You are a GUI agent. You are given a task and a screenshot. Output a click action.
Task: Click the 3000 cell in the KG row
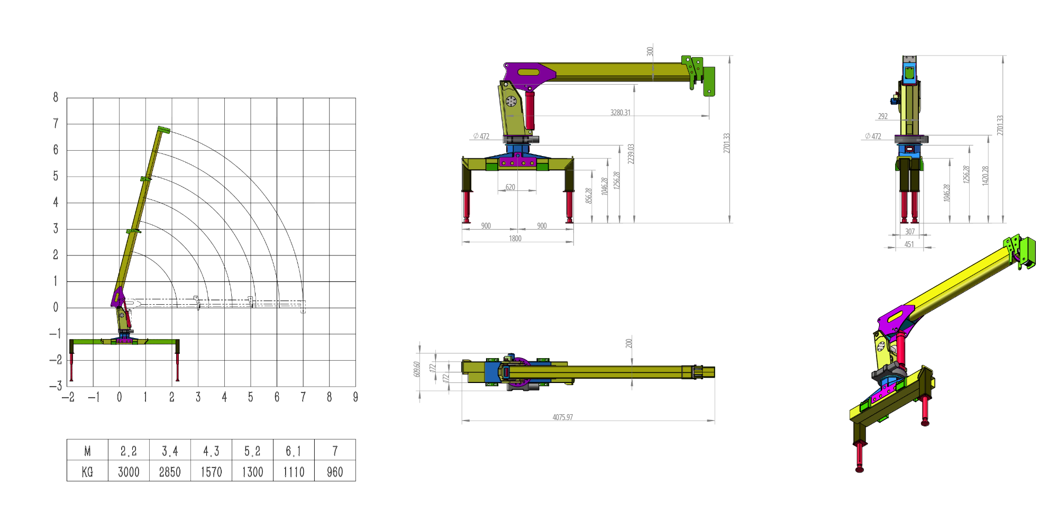tap(129, 471)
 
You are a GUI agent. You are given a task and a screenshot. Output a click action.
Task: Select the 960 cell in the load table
tap(335, 471)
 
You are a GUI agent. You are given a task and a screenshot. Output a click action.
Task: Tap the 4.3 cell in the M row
tap(211, 451)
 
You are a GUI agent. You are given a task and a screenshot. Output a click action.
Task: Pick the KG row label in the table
tap(87, 471)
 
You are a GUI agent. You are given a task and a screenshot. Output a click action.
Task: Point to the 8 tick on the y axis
tap(56, 97)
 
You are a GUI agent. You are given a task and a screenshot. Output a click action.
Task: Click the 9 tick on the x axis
tap(355, 397)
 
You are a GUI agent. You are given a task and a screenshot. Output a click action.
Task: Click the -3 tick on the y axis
tap(56, 386)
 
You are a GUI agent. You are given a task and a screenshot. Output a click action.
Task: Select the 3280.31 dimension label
tap(620, 113)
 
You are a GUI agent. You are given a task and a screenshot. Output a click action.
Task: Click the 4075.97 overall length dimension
tap(562, 417)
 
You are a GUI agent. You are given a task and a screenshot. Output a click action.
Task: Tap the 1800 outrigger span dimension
tap(515, 239)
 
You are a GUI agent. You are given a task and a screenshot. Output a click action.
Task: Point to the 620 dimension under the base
tap(510, 187)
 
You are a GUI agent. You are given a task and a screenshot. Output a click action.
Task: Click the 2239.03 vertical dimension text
tap(631, 154)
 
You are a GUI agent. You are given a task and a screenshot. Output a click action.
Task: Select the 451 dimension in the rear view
tap(909, 244)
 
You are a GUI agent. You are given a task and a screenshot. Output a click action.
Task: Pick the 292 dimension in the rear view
tap(882, 116)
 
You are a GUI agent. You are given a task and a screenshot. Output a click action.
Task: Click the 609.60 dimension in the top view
tap(417, 369)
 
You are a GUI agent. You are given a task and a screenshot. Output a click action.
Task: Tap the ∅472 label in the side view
tap(481, 136)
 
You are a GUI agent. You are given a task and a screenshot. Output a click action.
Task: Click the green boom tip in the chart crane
tap(163, 130)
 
